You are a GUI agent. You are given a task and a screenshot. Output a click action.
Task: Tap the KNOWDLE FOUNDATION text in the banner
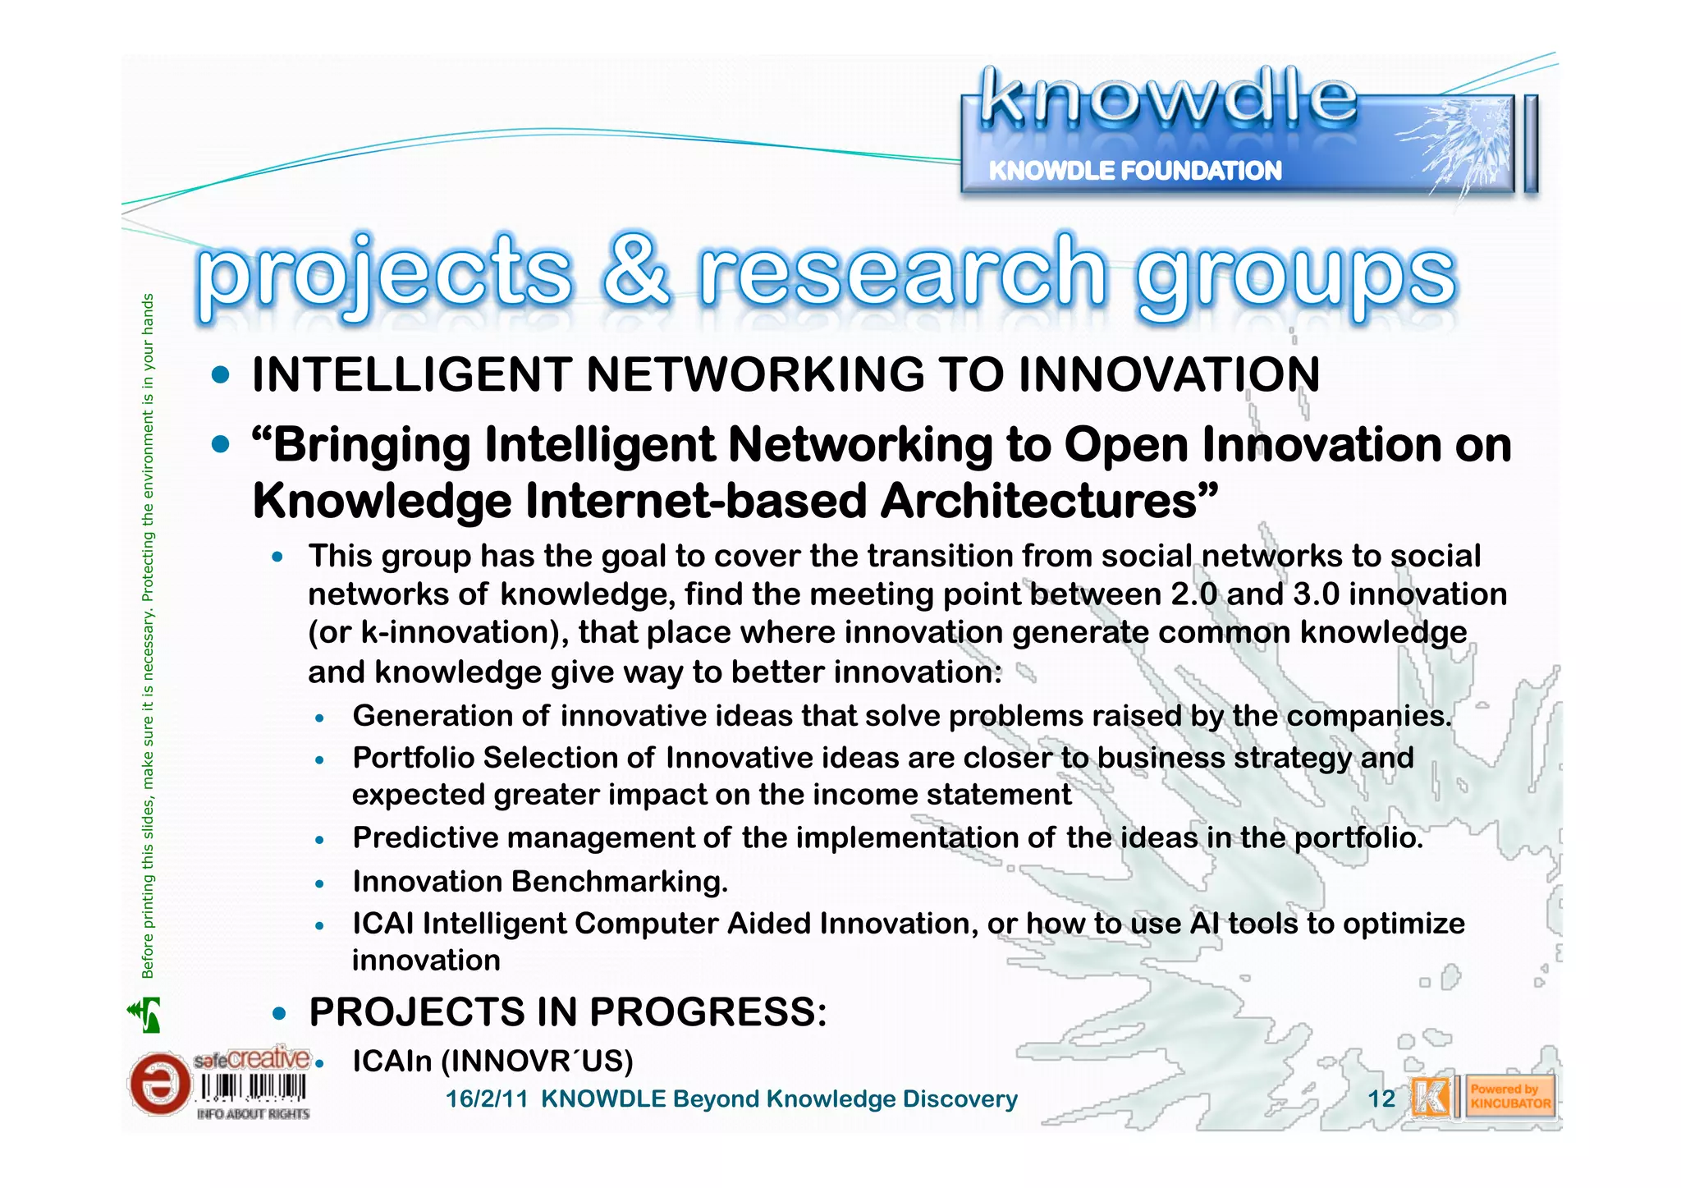(1134, 171)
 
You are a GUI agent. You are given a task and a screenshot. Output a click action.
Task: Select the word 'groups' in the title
(1295, 278)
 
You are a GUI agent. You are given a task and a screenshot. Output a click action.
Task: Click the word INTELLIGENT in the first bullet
(411, 375)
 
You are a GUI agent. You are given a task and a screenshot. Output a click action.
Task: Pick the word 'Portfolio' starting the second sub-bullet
(413, 758)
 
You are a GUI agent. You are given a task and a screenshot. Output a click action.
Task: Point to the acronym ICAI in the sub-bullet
(382, 924)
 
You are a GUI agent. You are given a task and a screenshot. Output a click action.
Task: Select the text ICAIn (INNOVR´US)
(492, 1062)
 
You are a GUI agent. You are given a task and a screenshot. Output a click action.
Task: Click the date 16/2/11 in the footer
(486, 1099)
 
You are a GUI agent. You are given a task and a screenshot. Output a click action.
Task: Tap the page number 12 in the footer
(1381, 1099)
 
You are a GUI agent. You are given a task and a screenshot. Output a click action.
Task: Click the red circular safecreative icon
(158, 1084)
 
